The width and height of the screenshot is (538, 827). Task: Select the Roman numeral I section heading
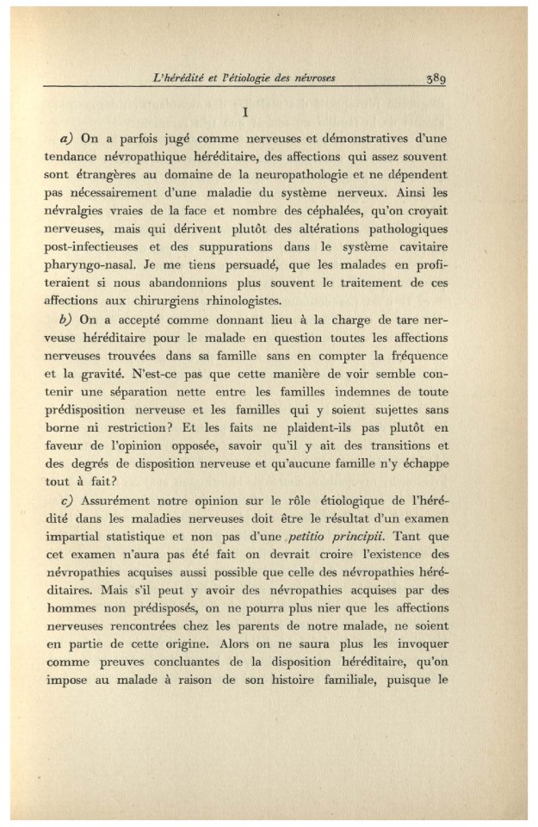pyautogui.click(x=246, y=112)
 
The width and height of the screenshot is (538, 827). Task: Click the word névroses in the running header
pyautogui.click(x=312, y=78)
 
